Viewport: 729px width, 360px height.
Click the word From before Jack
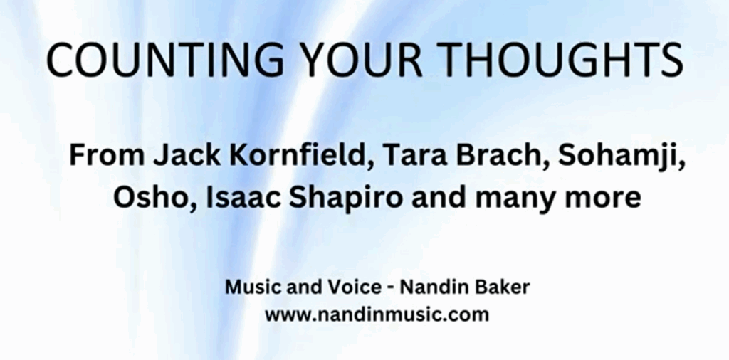pos(108,156)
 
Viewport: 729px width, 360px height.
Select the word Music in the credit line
pos(246,287)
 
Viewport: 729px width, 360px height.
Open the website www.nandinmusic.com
pos(377,314)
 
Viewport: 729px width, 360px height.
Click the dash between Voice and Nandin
pos(392,288)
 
